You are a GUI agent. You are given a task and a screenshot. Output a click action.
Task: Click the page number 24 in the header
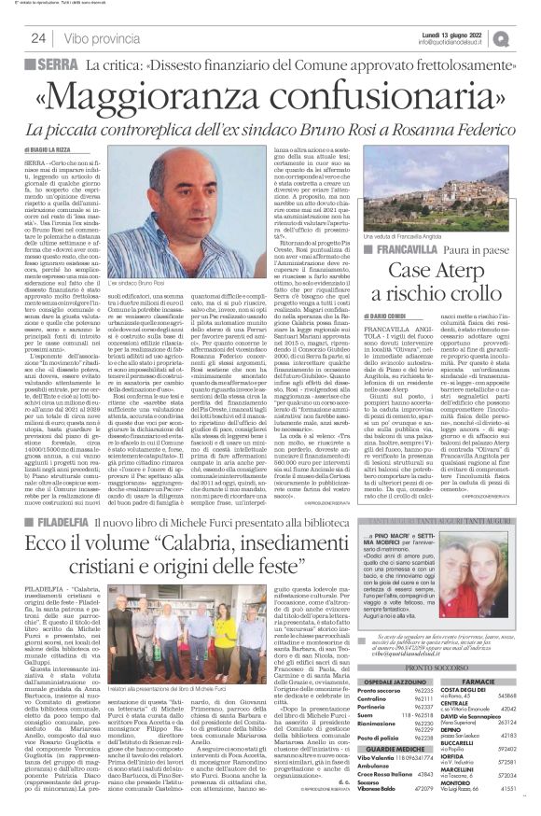tap(38, 38)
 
